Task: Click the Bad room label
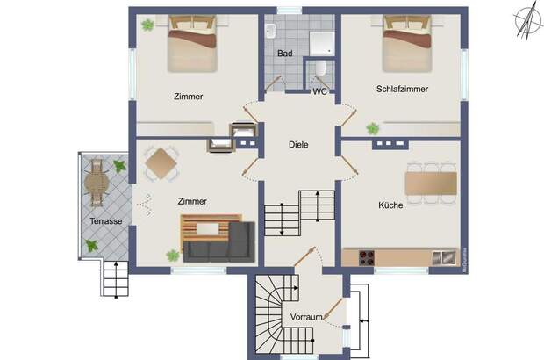coord(285,54)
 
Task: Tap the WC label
coord(319,91)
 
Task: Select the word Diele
coord(298,144)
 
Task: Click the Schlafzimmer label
coord(402,89)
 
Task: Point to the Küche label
coord(390,205)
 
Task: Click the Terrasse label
coord(106,221)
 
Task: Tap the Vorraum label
coord(306,317)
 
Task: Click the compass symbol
coord(528,22)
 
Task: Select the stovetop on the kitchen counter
coord(367,257)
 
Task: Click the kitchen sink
coord(444,257)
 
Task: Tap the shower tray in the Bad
coord(322,43)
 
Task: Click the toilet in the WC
coord(320,68)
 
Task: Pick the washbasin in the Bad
coord(270,31)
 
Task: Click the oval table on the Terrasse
coord(97,183)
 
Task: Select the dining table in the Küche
coord(431,184)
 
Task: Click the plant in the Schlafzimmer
coord(373,129)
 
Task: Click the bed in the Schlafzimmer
coord(407,43)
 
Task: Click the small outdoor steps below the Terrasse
coord(116,279)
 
